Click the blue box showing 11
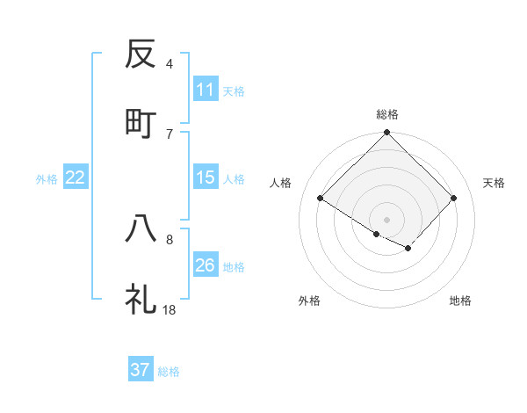(205, 90)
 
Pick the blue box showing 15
(205, 178)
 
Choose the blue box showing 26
(205, 265)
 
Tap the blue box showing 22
(76, 178)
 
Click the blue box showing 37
(141, 370)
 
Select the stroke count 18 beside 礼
(170, 309)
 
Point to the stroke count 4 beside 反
(170, 63)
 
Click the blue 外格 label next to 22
(47, 178)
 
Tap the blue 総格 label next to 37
(169, 371)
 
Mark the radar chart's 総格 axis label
(387, 114)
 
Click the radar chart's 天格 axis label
(495, 183)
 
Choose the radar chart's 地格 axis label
(460, 301)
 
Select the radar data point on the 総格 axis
(387, 134)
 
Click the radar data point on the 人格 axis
(321, 199)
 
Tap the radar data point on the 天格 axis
(454, 199)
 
